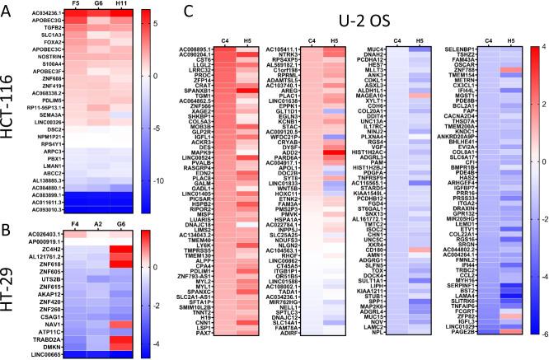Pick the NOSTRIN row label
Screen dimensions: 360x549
click(x=40, y=54)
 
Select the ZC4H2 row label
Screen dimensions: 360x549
click(x=43, y=224)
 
